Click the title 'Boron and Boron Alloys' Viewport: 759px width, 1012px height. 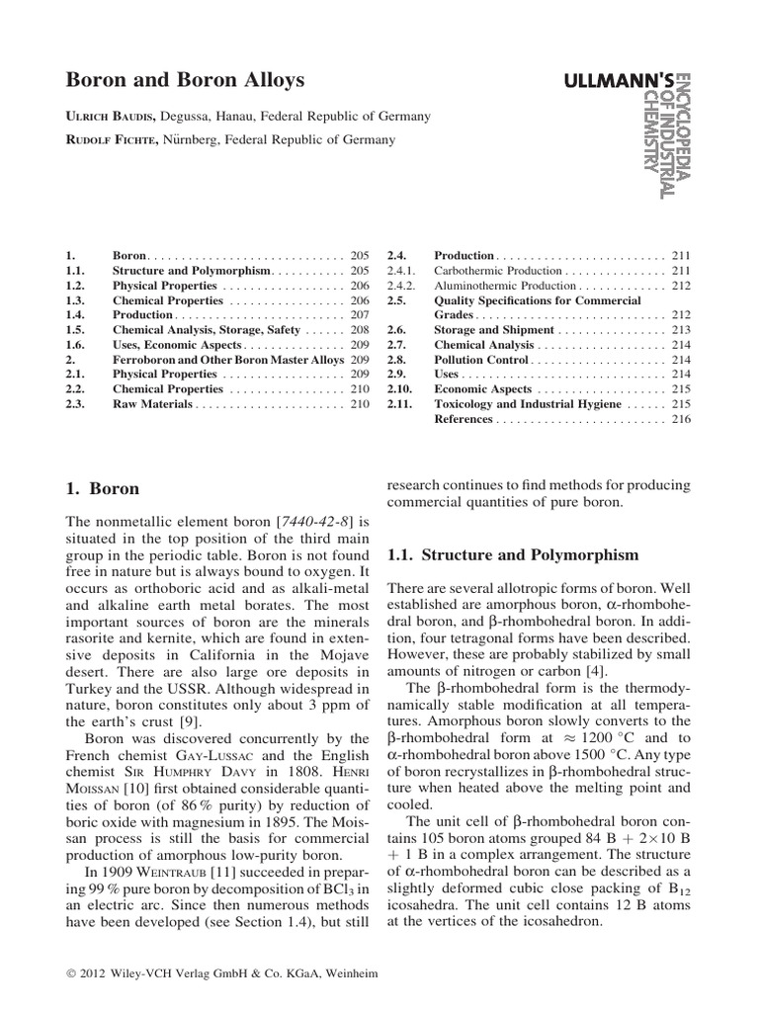tap(185, 80)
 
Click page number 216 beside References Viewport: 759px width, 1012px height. tap(681, 419)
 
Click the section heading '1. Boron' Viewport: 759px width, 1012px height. tap(103, 488)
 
